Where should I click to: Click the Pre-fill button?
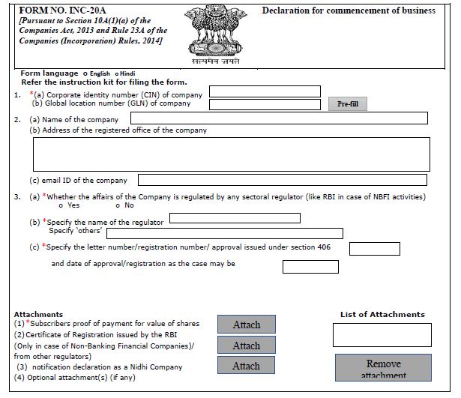click(348, 104)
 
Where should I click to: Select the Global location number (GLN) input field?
click(266, 104)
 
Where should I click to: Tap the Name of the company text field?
click(278, 118)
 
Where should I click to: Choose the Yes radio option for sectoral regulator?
click(60, 205)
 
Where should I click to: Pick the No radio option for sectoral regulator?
click(118, 205)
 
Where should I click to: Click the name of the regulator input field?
click(235, 218)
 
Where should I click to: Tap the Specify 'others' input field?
click(256, 233)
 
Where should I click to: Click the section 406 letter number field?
click(375, 249)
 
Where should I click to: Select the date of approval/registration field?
click(301, 266)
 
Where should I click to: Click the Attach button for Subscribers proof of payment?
click(246, 325)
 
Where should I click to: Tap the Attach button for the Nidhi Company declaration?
click(246, 366)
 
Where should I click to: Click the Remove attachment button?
click(383, 368)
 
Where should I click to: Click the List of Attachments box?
click(382, 334)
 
